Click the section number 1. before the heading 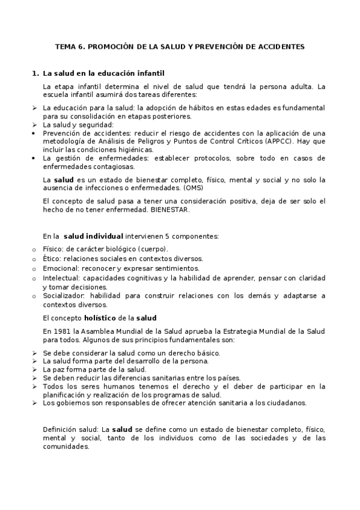point(34,73)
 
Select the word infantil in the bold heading point(146,73)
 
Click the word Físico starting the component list point(53,248)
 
